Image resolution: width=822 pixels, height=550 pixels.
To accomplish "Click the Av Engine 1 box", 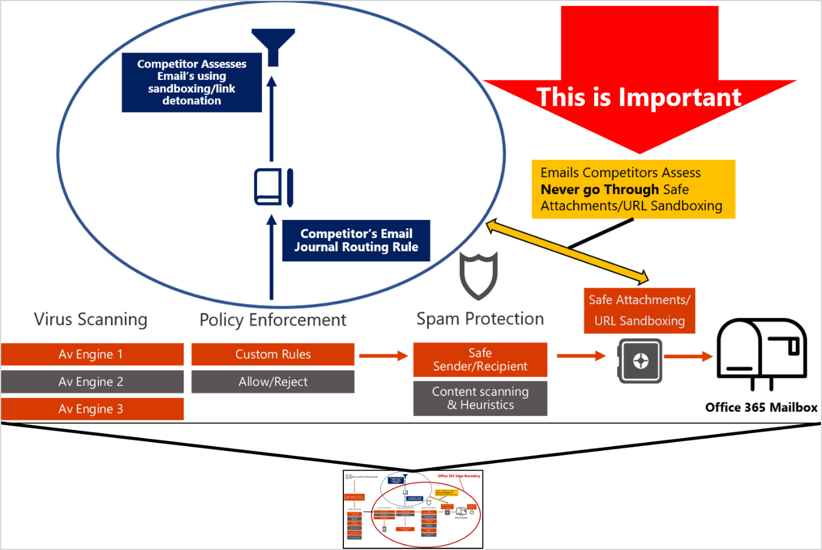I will click(92, 354).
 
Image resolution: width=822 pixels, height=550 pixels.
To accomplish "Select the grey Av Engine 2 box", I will click(92, 381).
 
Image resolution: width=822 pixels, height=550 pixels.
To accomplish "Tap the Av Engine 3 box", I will click(92, 409).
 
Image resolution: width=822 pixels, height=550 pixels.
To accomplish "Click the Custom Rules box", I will click(273, 354).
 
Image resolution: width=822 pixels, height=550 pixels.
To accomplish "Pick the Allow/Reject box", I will click(273, 381).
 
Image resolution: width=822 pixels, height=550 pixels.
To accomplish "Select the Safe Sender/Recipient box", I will click(480, 360).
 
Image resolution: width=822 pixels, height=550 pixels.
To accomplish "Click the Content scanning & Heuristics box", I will click(480, 398).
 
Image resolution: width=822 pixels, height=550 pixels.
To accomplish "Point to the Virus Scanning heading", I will click(90, 320).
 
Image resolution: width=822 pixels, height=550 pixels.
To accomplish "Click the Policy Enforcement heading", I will click(273, 320).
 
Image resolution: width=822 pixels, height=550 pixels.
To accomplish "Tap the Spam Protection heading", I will click(480, 319).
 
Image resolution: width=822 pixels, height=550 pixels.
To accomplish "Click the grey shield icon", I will click(478, 274).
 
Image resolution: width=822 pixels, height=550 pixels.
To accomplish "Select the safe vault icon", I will click(640, 360).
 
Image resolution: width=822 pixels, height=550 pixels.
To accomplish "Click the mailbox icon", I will click(761, 353).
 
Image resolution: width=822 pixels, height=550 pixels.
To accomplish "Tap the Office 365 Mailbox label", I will click(761, 407).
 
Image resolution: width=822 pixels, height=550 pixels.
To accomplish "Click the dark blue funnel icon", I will click(273, 45).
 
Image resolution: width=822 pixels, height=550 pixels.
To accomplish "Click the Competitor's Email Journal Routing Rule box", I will click(356, 240).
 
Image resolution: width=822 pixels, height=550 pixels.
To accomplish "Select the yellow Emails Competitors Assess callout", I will click(633, 189).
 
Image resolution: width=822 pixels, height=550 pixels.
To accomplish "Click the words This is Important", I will click(638, 97).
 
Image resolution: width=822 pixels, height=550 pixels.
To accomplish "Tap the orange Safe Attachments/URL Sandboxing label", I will click(640, 310).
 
